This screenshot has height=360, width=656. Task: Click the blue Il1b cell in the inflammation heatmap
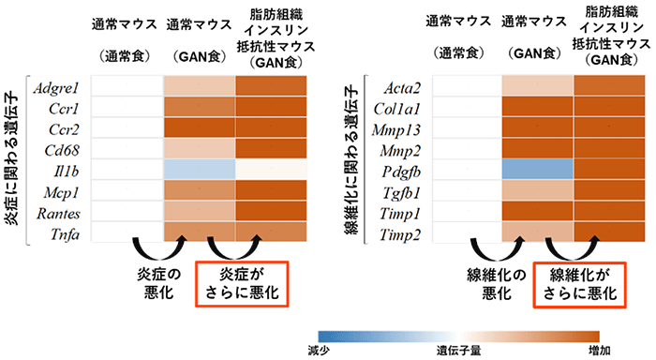click(199, 171)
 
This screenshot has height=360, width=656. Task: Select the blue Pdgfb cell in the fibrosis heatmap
click(537, 171)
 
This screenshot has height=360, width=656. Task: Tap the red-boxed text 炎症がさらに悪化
click(239, 284)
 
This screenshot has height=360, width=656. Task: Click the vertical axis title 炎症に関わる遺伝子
click(14, 159)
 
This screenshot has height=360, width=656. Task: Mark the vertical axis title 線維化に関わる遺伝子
click(353, 159)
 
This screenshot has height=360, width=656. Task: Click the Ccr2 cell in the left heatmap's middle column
click(199, 129)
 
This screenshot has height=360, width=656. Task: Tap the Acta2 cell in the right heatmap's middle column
click(537, 87)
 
